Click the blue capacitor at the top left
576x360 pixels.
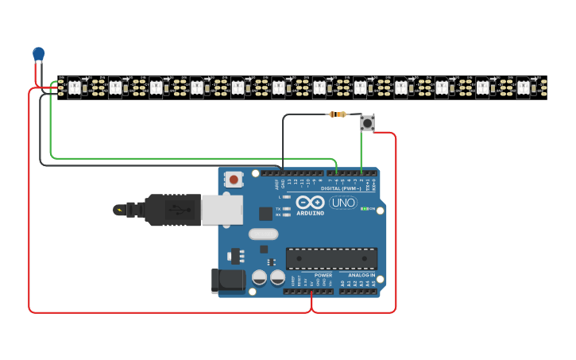click(x=39, y=54)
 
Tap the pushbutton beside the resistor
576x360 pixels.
click(x=367, y=122)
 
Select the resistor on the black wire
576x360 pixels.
click(x=338, y=114)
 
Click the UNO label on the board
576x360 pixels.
click(x=342, y=203)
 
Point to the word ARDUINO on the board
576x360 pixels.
click(x=310, y=213)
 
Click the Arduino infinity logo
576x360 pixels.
click(x=310, y=202)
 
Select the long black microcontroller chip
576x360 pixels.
click(x=331, y=258)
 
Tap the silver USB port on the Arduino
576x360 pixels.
click(x=222, y=210)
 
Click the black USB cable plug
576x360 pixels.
click(x=171, y=210)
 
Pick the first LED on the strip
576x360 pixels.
click(x=74, y=87)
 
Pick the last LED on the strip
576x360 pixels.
click(x=523, y=87)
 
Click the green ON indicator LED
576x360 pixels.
click(x=364, y=209)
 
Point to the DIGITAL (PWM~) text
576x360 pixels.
click(x=341, y=188)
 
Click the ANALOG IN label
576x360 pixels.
click(x=361, y=275)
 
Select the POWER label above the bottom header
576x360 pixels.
click(x=323, y=275)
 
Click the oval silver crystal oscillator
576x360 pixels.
click(x=263, y=234)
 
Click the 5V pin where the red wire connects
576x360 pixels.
click(x=311, y=291)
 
